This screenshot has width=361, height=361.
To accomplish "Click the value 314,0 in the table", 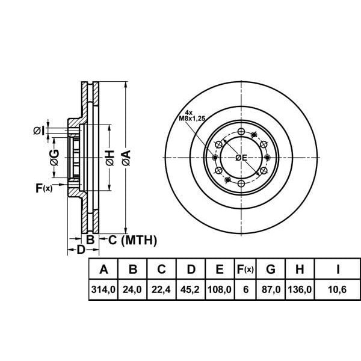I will [103, 289].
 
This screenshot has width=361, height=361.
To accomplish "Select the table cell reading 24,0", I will [132, 289].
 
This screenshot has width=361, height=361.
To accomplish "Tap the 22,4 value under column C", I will [161, 289].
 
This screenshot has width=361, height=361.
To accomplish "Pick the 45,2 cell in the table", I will [190, 289].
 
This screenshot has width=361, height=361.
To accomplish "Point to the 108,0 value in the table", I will [219, 289].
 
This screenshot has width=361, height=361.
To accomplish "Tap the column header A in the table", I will [103, 269].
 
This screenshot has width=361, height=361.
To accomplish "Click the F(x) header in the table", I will [245, 269].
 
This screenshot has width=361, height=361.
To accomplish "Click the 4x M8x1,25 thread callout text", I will [192, 116].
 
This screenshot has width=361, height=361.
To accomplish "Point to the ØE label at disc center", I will [241, 158].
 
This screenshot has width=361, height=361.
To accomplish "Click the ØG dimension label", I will [54, 158].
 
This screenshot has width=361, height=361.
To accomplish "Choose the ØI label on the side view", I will [38, 130].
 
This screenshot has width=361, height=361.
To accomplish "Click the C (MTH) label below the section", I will [132, 241].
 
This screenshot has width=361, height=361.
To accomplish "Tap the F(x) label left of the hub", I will [44, 188].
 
